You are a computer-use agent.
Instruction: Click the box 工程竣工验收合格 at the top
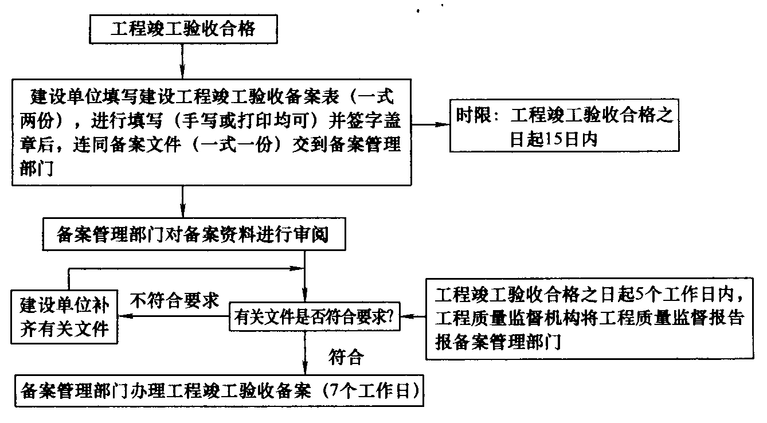[183, 29]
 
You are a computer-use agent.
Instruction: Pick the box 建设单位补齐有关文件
[64, 316]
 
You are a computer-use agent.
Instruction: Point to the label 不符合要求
[175, 300]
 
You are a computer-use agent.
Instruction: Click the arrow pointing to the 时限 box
[430, 124]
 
